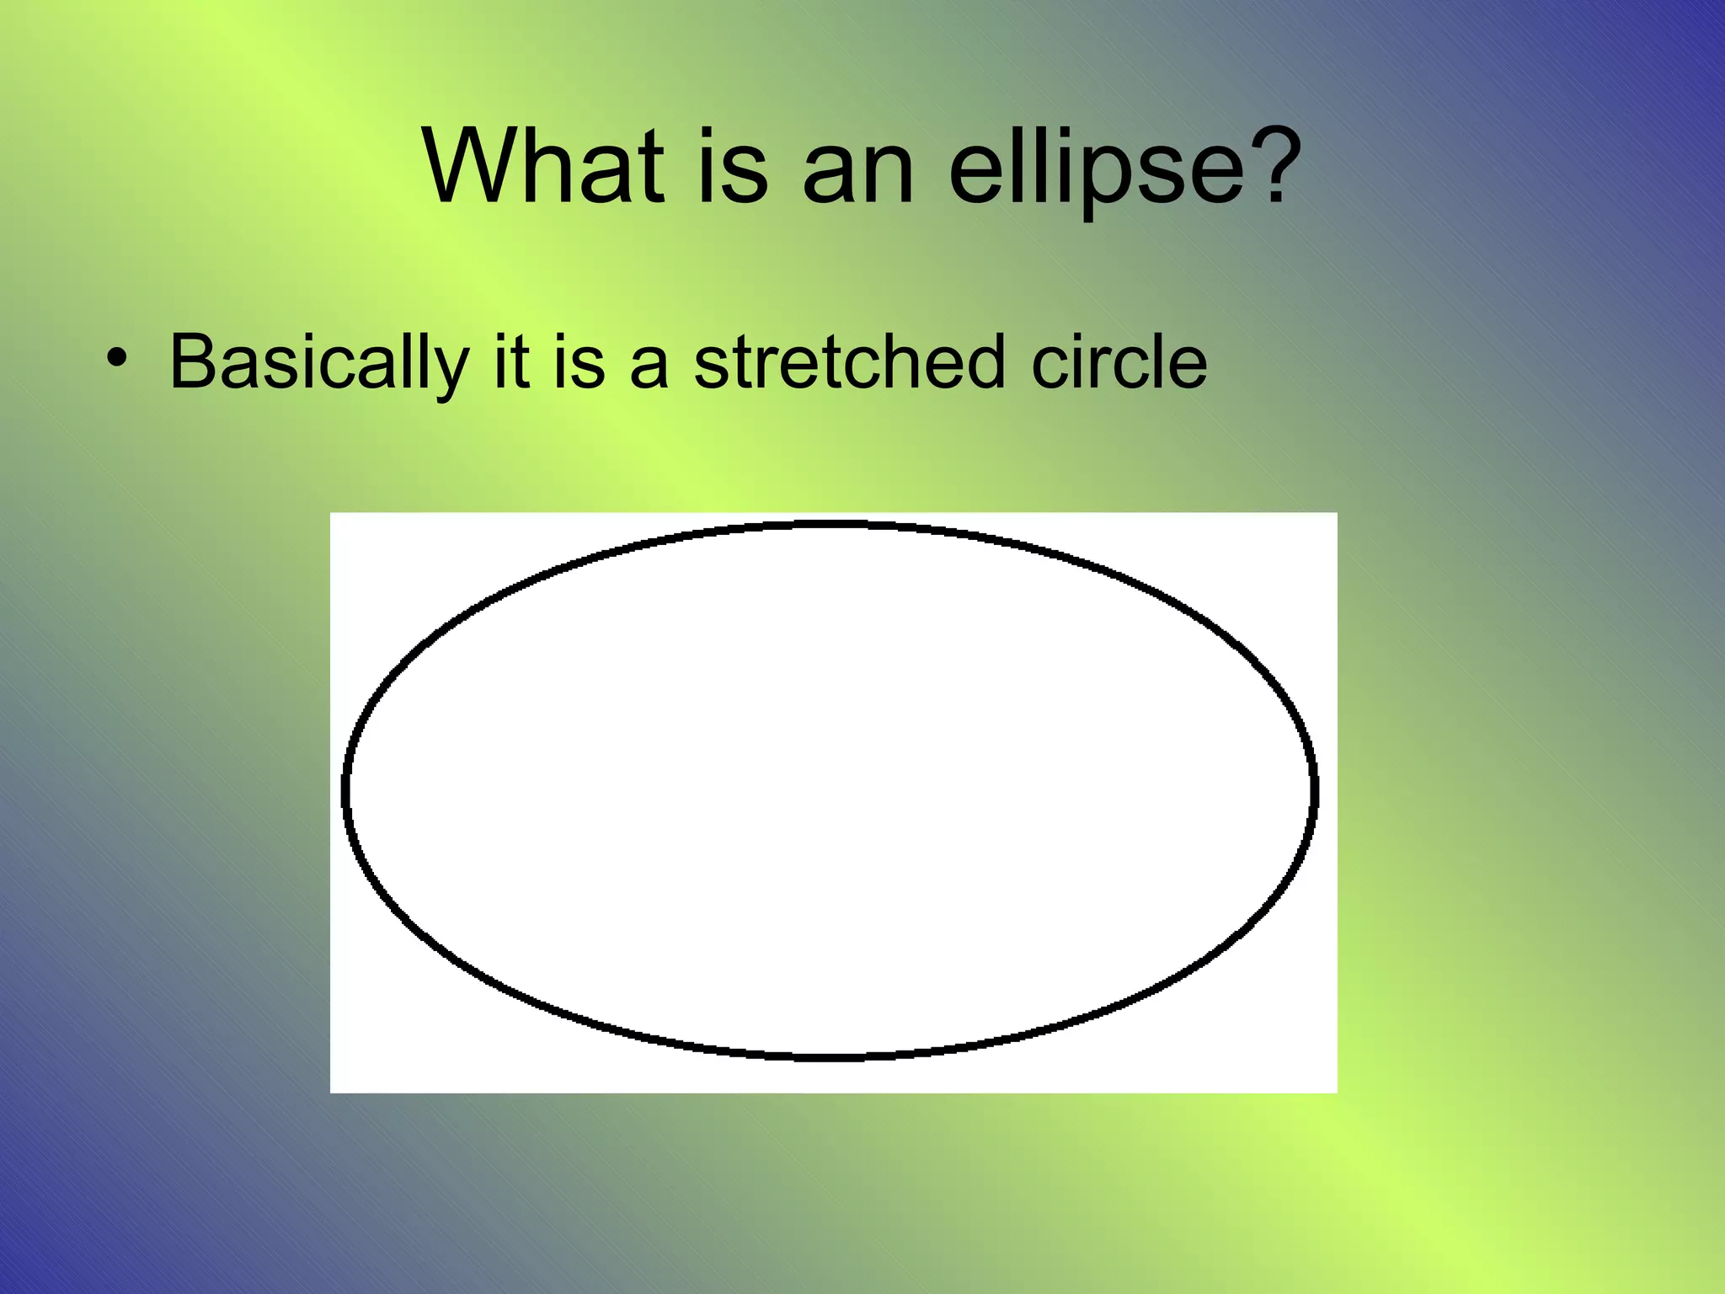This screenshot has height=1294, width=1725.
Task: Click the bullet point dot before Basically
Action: [117, 360]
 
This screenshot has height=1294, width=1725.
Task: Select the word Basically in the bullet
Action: [318, 363]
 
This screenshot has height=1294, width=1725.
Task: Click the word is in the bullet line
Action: [579, 361]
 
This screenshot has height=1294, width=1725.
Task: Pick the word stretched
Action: [849, 361]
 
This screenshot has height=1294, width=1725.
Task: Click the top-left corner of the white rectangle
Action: [331, 513]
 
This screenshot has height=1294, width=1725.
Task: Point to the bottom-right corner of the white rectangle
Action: [1337, 1092]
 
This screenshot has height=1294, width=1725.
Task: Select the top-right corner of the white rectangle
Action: [1337, 513]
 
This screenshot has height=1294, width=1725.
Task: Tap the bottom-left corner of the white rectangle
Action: [331, 1092]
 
